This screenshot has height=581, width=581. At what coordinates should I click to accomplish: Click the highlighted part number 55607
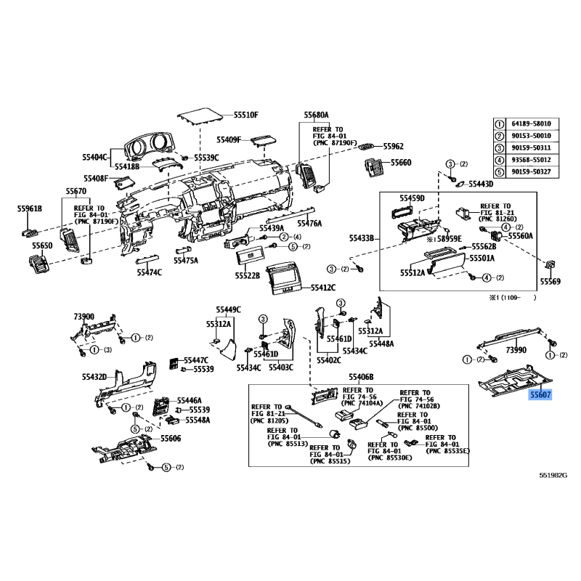pyautogui.click(x=540, y=395)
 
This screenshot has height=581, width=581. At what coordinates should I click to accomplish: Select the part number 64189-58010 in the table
pyautogui.click(x=532, y=123)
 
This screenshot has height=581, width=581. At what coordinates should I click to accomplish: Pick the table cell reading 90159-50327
pyautogui.click(x=532, y=172)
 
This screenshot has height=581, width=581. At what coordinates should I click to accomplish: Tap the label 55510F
pyautogui.click(x=246, y=115)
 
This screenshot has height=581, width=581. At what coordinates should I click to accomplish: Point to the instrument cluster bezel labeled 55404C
pyautogui.click(x=148, y=147)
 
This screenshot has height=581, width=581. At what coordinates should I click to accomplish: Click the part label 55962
pyautogui.click(x=393, y=147)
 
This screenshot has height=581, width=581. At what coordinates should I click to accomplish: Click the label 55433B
pyautogui.click(x=362, y=238)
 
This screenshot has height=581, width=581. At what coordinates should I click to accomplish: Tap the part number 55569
pyautogui.click(x=550, y=282)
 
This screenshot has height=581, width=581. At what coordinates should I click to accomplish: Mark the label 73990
pyautogui.click(x=516, y=350)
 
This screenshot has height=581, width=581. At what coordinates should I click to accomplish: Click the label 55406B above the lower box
pyautogui.click(x=361, y=377)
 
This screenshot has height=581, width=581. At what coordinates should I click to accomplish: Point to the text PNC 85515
pyautogui.click(x=330, y=461)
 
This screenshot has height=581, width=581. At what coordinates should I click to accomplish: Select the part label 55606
pyautogui.click(x=171, y=439)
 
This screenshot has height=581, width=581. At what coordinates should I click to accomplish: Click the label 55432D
pyautogui.click(x=94, y=377)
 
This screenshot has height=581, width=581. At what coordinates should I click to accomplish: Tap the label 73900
pyautogui.click(x=84, y=317)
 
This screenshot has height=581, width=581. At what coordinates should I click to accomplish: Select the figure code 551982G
pyautogui.click(x=553, y=476)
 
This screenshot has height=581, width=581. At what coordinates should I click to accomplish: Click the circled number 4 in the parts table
pyautogui.click(x=500, y=160)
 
